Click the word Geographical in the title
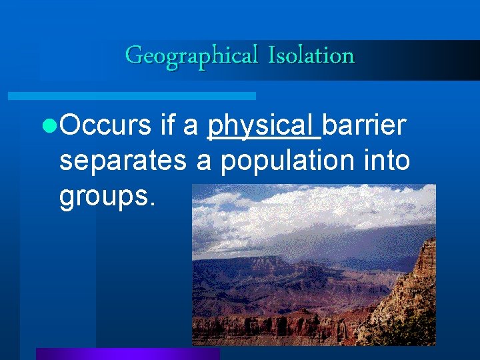191,55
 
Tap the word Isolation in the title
311,55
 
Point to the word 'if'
169,125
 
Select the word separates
124,161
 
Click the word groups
104,198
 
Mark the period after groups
153,206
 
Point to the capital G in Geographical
133,55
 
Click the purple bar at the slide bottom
127,353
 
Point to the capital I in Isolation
271,55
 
